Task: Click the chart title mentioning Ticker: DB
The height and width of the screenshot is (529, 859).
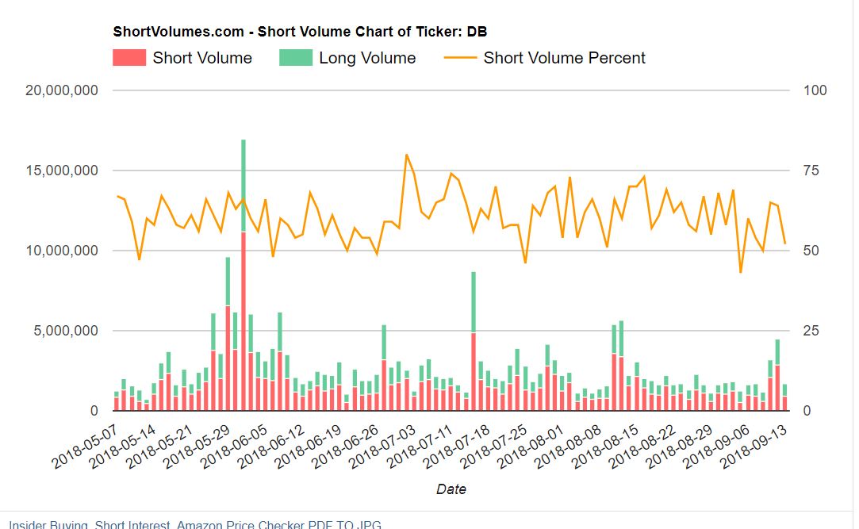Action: coord(300,33)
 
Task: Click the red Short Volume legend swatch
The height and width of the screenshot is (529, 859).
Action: coord(129,58)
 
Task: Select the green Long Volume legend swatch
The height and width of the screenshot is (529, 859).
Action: coord(295,58)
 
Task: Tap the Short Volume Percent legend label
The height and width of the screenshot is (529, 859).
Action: coord(564,58)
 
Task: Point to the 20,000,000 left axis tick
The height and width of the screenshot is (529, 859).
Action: coord(62,90)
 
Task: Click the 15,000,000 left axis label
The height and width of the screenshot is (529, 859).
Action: coord(62,171)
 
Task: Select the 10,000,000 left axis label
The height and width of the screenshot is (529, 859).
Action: coord(62,251)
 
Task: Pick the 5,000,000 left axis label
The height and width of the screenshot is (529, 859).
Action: coord(66,331)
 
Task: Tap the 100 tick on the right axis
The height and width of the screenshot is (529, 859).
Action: coord(815,90)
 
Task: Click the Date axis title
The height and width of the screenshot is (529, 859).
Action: coord(451,489)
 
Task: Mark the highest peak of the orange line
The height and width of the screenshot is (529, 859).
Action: coord(406,155)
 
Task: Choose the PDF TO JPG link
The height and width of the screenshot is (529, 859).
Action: coord(347,524)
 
